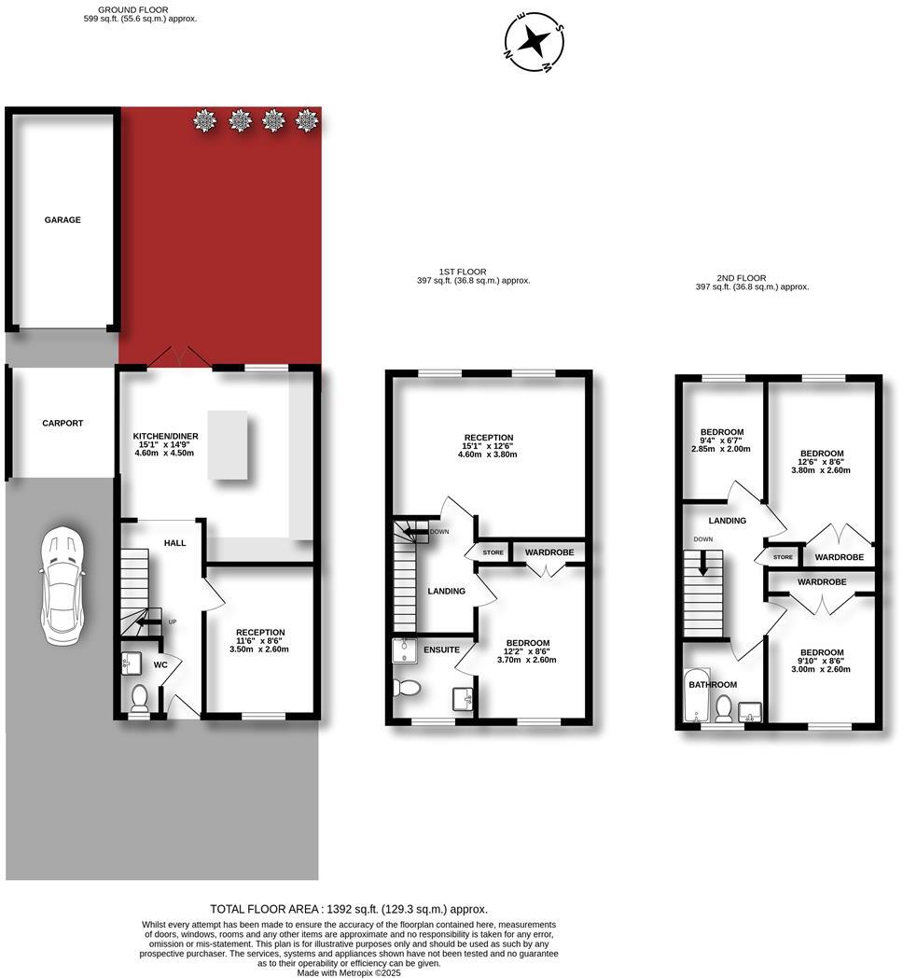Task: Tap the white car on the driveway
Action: [61, 585]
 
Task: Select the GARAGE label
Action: [63, 220]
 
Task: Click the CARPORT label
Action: [63, 423]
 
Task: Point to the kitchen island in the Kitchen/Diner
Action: [229, 446]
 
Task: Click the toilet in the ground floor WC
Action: [140, 697]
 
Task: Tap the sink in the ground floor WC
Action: [131, 664]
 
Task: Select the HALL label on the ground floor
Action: [175, 543]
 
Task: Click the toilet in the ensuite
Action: [409, 688]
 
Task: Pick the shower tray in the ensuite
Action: [404, 648]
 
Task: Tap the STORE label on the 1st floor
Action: [493, 552]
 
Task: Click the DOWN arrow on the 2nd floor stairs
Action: [704, 565]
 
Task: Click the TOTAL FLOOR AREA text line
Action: [349, 909]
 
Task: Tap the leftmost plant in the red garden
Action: [204, 119]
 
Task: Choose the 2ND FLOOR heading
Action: [743, 277]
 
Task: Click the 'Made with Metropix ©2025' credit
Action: [349, 972]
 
